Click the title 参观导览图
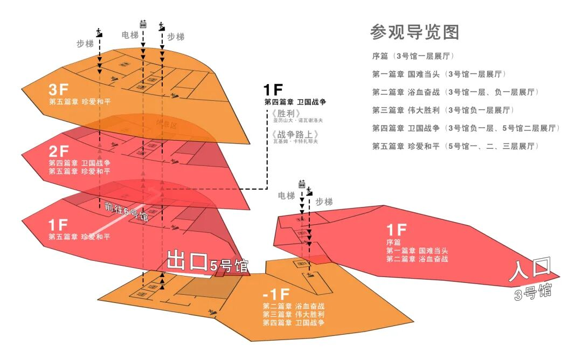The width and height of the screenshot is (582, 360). click(x=414, y=32)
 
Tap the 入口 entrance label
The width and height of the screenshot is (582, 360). click(x=531, y=269)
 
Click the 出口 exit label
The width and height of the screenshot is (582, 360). click(x=187, y=261)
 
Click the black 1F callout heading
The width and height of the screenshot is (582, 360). click(x=273, y=90)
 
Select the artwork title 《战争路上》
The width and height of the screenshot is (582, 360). click(x=292, y=134)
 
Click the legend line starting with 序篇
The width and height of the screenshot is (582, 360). click(x=411, y=56)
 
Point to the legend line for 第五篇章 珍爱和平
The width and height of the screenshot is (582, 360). click(x=453, y=146)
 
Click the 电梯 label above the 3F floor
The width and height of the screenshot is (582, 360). click(x=130, y=35)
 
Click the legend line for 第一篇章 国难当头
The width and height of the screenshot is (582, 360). click(x=439, y=74)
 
